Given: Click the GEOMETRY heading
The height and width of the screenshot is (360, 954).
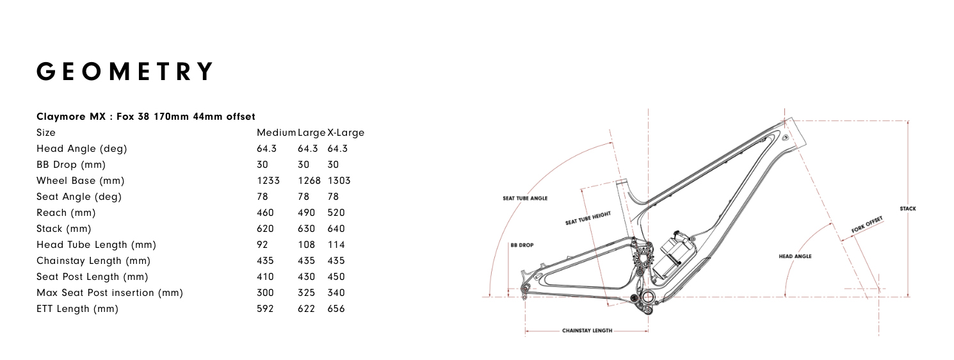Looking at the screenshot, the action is pyautogui.click(x=124, y=71).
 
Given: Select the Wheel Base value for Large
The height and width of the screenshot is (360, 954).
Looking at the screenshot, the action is pyautogui.click(x=309, y=181).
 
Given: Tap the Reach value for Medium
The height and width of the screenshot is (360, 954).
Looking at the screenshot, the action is pyautogui.click(x=265, y=213).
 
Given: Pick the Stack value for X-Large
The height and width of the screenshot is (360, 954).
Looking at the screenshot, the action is pyautogui.click(x=336, y=229).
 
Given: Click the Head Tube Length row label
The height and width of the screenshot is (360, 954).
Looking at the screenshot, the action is pyautogui.click(x=96, y=245).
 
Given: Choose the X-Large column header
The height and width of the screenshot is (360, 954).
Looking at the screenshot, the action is pyautogui.click(x=346, y=133).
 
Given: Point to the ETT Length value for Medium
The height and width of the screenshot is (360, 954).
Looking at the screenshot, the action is pyautogui.click(x=265, y=309).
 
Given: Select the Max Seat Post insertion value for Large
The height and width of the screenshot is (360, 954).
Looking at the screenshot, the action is pyautogui.click(x=306, y=293).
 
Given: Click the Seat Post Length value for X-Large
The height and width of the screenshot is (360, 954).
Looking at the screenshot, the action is pyautogui.click(x=336, y=277).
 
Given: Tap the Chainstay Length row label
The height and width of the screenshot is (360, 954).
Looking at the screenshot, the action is pyautogui.click(x=93, y=261).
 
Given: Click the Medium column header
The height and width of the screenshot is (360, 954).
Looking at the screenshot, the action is pyautogui.click(x=276, y=133).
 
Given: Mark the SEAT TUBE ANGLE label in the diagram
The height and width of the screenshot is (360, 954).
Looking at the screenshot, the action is pyautogui.click(x=525, y=198).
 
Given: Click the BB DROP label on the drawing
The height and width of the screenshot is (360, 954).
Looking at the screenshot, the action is pyautogui.click(x=522, y=245).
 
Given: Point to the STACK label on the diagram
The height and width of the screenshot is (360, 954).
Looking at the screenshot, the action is pyautogui.click(x=907, y=209).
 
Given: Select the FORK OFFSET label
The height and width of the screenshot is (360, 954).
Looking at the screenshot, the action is pyautogui.click(x=867, y=225).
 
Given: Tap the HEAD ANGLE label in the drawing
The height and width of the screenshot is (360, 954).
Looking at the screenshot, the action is pyautogui.click(x=795, y=256).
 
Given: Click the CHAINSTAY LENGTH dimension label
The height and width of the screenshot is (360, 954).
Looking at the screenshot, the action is pyautogui.click(x=587, y=331).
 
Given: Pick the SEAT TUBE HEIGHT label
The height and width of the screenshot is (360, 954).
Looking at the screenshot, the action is pyautogui.click(x=588, y=218).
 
